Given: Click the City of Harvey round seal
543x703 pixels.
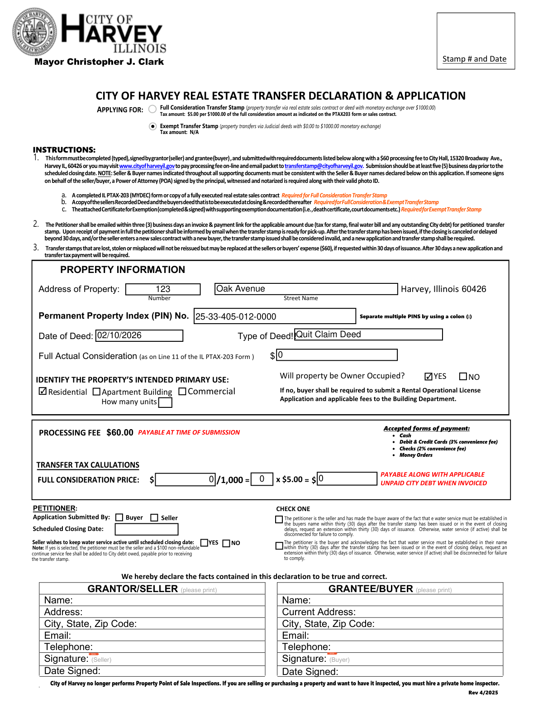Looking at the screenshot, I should [35, 32].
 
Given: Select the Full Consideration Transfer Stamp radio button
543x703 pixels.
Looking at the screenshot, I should [153, 109].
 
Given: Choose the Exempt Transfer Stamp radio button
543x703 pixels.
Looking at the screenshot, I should [153, 126].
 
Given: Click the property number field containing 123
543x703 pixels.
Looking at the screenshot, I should [163, 289].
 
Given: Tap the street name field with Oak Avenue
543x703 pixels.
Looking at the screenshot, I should [306, 289].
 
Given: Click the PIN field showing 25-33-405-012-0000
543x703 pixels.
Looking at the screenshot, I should [275, 316].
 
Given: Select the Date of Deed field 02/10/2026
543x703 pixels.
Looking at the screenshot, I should [139, 335].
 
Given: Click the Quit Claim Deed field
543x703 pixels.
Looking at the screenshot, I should [368, 335].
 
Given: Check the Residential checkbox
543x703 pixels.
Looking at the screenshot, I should [43, 391].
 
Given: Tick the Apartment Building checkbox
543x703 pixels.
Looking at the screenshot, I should [96, 392].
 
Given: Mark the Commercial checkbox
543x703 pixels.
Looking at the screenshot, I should [182, 391].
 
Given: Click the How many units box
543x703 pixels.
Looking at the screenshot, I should [165, 402].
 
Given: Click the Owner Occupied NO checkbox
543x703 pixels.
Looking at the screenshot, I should [463, 377].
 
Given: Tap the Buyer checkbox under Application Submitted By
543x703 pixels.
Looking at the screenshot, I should [119, 517].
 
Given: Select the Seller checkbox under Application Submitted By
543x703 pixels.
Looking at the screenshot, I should [154, 517].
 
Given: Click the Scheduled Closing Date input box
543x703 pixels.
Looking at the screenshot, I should [147, 529].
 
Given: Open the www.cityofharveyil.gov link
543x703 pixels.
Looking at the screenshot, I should [147, 166].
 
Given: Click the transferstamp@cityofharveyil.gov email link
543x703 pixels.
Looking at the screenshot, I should [324, 166].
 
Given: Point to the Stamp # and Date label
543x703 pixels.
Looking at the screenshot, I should [474, 59].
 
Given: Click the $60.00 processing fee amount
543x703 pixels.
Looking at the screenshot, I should [120, 433].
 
